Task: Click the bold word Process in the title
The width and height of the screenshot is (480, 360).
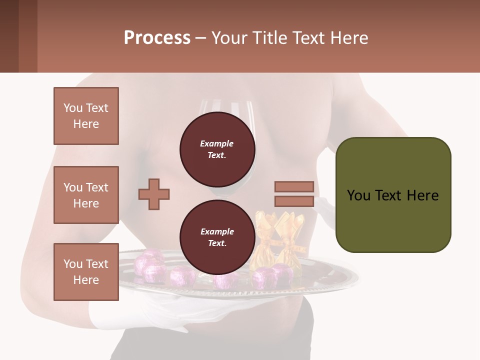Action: [157, 38]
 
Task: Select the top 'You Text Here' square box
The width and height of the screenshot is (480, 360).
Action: [86, 116]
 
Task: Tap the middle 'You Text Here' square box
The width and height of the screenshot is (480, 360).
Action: [86, 195]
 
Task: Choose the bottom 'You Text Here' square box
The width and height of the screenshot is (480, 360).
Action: [86, 272]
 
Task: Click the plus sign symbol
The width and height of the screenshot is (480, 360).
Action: [154, 194]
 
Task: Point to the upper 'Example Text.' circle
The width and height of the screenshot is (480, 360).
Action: [217, 149]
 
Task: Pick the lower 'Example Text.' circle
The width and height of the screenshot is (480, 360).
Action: [217, 237]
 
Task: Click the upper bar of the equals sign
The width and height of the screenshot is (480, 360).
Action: [294, 186]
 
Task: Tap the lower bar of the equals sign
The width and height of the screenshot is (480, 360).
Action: [294, 201]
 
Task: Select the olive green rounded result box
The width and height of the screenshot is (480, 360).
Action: [393, 195]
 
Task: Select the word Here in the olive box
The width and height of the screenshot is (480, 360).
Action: [422, 195]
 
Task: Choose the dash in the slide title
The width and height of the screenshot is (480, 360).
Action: [201, 38]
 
